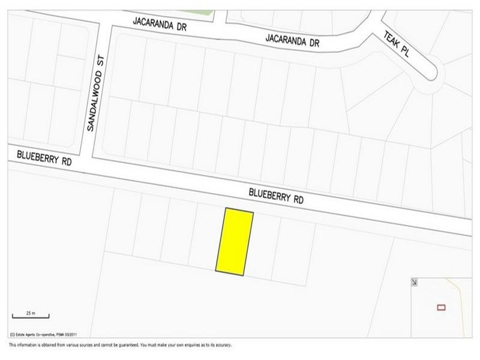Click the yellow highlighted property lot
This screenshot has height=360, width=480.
(235, 242)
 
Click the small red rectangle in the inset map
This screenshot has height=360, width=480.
(441, 307)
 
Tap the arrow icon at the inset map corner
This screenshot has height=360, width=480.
(415, 281)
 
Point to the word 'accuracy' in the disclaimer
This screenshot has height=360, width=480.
(220, 345)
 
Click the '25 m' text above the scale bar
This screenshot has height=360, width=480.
(30, 313)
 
